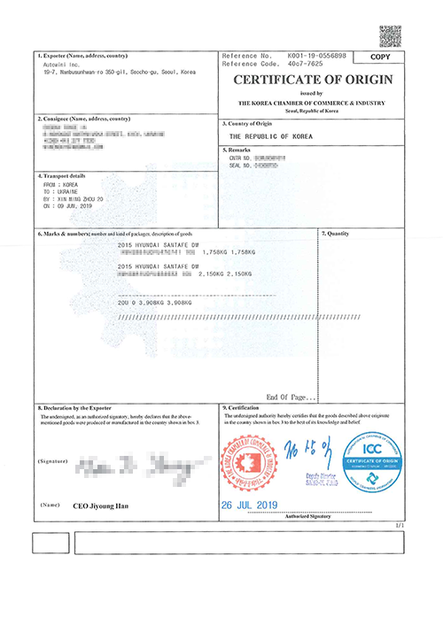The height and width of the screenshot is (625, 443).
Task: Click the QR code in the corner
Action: click(390, 35)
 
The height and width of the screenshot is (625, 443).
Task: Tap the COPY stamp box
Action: click(379, 57)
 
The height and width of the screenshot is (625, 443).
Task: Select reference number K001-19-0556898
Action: click(317, 55)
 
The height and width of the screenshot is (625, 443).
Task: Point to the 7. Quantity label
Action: click(340, 233)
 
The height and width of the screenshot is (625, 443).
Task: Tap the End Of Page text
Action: click(291, 397)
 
